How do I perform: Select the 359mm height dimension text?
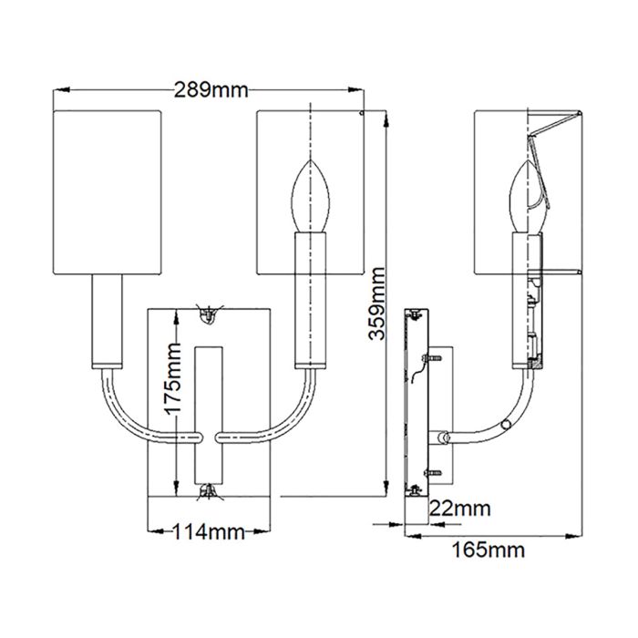click(x=375, y=305)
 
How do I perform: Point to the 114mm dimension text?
click(x=207, y=532)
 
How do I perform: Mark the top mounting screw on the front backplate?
click(x=208, y=314)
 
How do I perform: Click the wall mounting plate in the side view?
click(x=412, y=401)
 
